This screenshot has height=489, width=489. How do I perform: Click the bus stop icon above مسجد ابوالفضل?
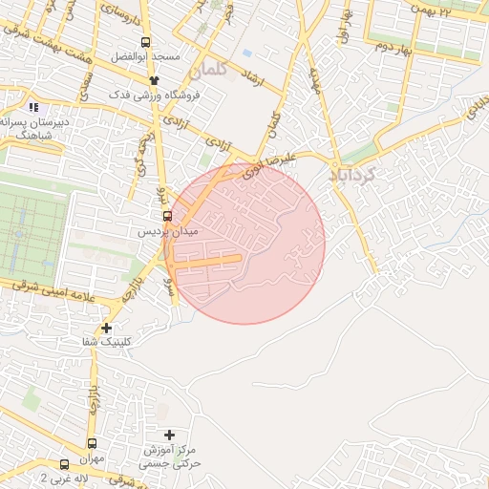pos(145,42)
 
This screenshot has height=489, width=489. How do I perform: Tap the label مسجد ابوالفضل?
pos(144,57)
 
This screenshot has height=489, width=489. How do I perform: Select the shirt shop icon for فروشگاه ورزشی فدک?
pos(140,79)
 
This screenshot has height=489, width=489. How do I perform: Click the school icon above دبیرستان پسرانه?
pos(34,107)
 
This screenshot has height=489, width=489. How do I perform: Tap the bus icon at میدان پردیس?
pos(167,216)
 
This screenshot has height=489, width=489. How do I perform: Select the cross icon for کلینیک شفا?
pos(107,328)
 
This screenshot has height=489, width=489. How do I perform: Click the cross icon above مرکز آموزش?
pos(170,435)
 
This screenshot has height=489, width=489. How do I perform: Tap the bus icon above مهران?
pos(92,443)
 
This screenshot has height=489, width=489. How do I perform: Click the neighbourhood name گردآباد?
pos(352,175)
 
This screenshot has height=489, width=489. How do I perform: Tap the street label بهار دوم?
pos(393,46)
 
